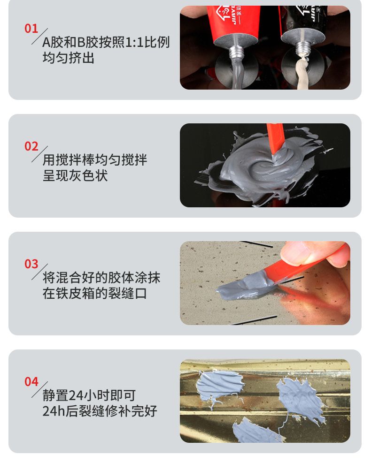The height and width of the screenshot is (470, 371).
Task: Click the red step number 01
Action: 31,29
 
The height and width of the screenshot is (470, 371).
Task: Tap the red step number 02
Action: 31,146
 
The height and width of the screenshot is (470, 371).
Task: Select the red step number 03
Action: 31,264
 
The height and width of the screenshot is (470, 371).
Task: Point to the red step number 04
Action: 31,382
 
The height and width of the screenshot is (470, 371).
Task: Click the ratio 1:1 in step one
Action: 134,42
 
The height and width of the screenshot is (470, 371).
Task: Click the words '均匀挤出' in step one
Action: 69,58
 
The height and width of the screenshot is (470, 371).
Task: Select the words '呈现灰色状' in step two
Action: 75,175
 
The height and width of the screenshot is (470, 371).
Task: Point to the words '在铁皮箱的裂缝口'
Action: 94,294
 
